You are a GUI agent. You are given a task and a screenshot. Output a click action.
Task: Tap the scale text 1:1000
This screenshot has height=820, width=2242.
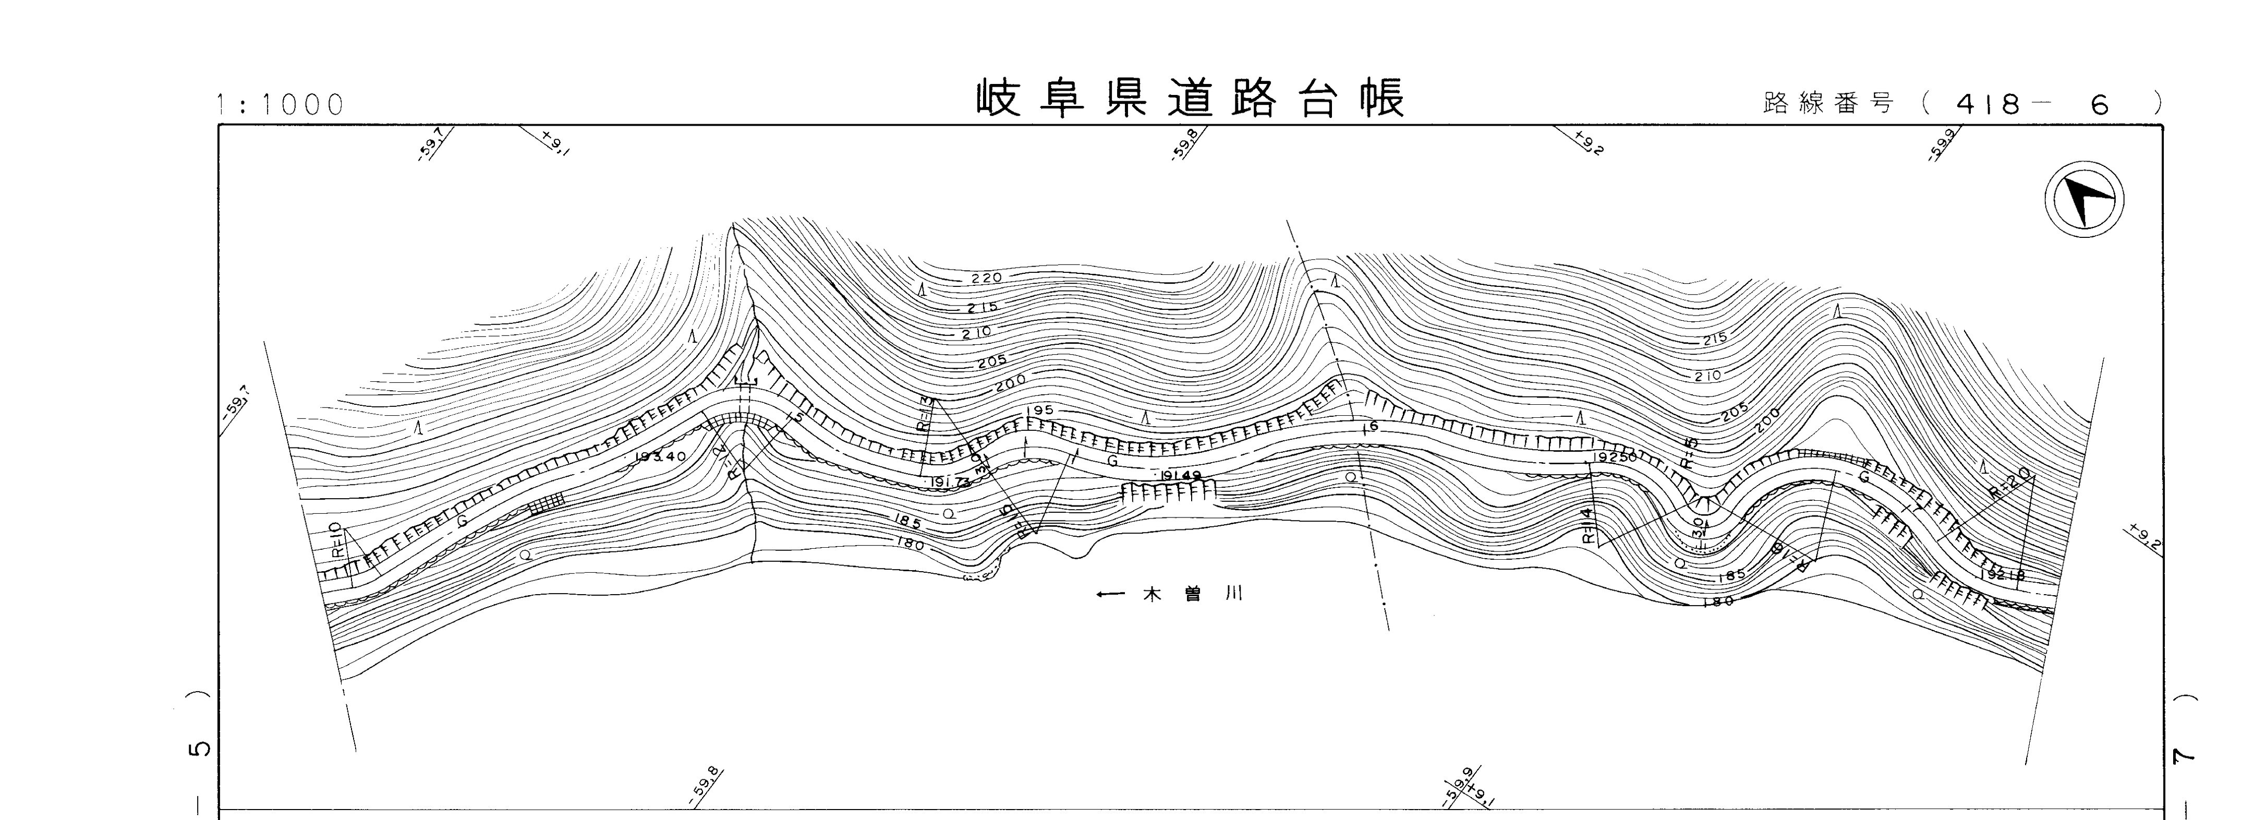[x=280, y=104]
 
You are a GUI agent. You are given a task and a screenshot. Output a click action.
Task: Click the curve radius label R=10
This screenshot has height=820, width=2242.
[x=335, y=540]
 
